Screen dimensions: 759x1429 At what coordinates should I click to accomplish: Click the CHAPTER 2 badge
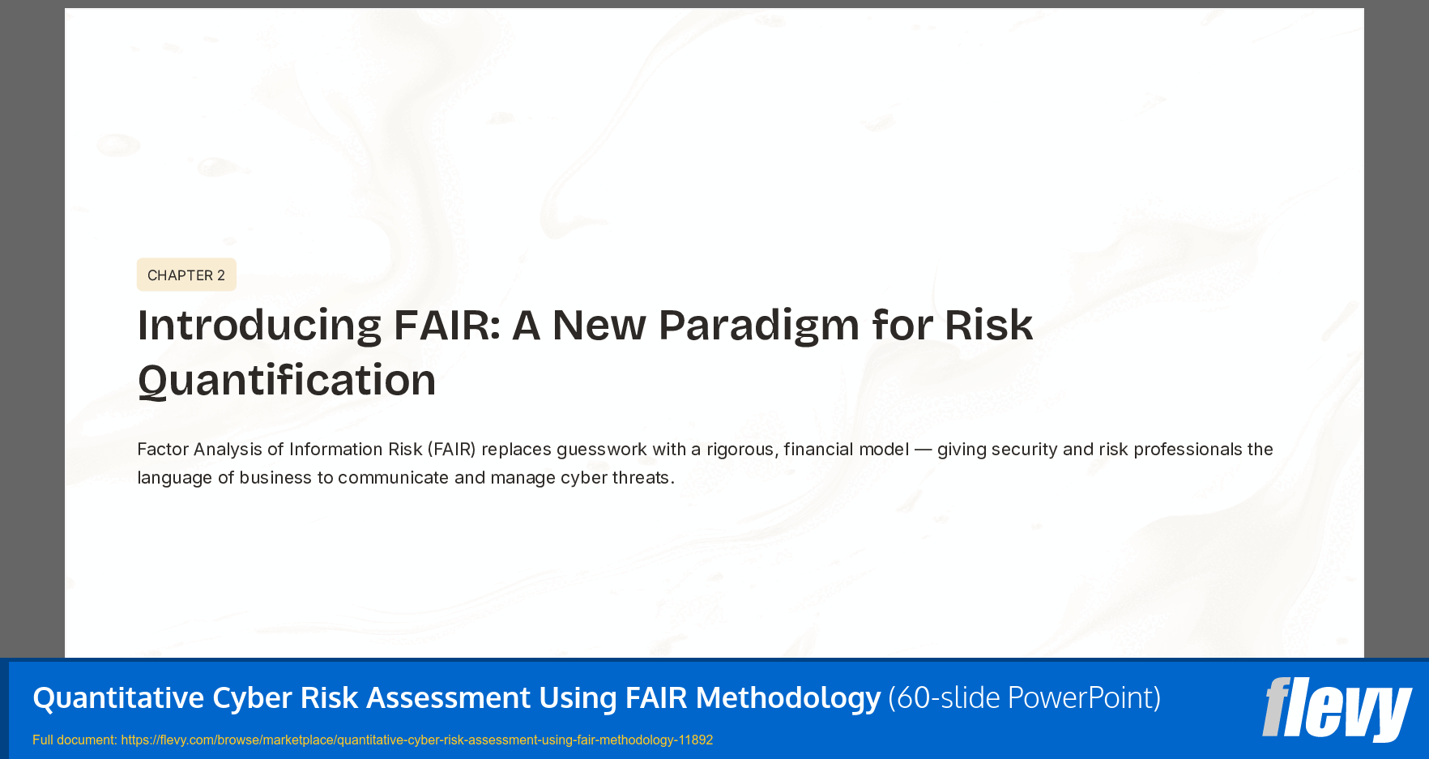pos(186,275)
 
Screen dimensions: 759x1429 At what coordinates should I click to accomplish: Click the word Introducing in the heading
pos(259,326)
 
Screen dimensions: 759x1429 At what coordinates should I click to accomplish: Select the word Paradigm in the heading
pos(759,326)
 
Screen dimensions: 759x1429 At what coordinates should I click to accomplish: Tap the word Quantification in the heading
pos(287,381)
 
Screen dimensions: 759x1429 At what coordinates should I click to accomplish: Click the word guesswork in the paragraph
pos(601,450)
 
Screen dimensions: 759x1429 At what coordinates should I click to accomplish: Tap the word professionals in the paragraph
pos(1188,450)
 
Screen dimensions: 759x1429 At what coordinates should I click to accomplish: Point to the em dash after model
pos(923,450)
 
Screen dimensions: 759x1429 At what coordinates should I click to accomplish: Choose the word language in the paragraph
pos(174,478)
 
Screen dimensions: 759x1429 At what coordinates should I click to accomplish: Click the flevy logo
pos(1337,710)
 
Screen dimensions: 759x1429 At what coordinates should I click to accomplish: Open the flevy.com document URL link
pos(416,740)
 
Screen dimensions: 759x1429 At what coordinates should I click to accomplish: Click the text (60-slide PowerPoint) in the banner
pos(1024,697)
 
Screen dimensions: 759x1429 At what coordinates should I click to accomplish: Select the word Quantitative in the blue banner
pos(118,697)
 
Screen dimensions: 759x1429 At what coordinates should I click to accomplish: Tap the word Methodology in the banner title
pos(787,697)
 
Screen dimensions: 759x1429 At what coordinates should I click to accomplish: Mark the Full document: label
pos(75,740)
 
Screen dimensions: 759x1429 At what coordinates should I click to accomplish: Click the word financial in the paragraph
pos(818,450)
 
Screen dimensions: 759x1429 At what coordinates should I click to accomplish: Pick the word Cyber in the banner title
pos(252,697)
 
